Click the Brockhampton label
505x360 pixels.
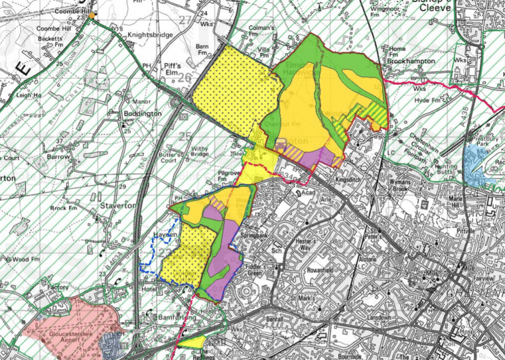pyautogui.click(x=411, y=60)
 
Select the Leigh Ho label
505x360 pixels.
pyautogui.click(x=29, y=96)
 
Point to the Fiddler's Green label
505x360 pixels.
pyautogui.click(x=253, y=269)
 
